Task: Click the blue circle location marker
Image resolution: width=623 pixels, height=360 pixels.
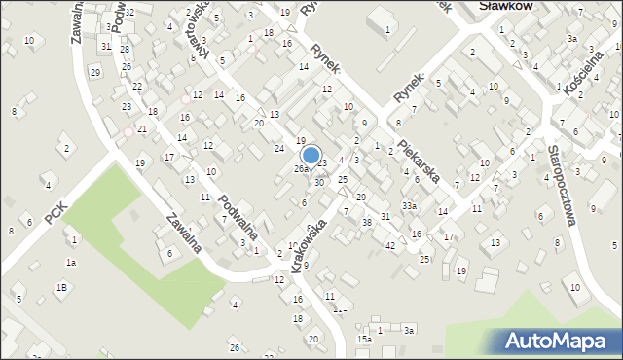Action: click(311, 155)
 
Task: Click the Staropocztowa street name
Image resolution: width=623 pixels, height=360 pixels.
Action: click(562, 186)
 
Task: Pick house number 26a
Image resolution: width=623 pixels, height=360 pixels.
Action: click(302, 169)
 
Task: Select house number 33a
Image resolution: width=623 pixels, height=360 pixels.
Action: click(410, 206)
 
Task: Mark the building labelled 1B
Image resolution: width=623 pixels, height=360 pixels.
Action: click(61, 287)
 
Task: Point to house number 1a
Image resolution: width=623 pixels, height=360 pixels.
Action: click(69, 263)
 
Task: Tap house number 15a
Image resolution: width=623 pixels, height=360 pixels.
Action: click(363, 340)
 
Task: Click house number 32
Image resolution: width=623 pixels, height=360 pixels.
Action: click(128, 12)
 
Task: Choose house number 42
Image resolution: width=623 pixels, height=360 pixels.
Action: click(390, 246)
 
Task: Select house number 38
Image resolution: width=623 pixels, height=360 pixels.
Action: click(367, 223)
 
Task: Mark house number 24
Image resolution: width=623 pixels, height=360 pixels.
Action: click(278, 148)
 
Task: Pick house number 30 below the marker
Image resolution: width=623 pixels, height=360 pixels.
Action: click(318, 183)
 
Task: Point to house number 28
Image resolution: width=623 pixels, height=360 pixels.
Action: click(125, 48)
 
